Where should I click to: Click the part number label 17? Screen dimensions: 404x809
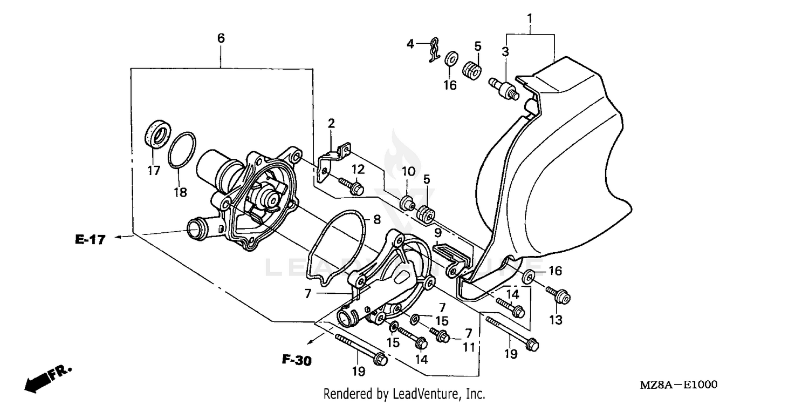coord(154,170)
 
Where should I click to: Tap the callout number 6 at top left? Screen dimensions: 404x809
coord(221,38)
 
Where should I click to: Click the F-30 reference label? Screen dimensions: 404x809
coord(296,361)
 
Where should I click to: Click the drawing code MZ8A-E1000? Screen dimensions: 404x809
coord(678,385)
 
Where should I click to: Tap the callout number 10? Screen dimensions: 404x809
coord(408,172)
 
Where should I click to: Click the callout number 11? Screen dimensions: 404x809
coord(468,347)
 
